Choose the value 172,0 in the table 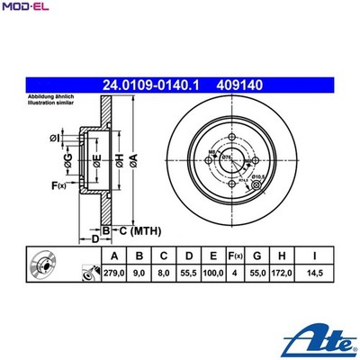click(x=283, y=270)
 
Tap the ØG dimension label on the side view click(x=67, y=160)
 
